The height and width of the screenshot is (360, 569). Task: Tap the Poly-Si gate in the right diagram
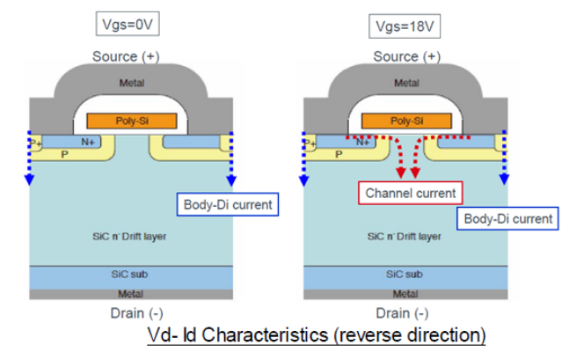(405, 120)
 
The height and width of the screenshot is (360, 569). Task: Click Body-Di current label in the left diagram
(228, 205)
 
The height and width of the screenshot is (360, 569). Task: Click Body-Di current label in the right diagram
(507, 217)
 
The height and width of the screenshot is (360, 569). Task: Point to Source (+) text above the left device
(130, 56)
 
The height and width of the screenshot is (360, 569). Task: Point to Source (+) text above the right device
(405, 56)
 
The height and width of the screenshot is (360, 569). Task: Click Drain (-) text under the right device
(405, 312)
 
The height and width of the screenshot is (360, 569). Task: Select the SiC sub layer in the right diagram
(405, 276)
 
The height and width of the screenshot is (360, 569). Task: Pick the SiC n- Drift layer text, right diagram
(405, 237)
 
